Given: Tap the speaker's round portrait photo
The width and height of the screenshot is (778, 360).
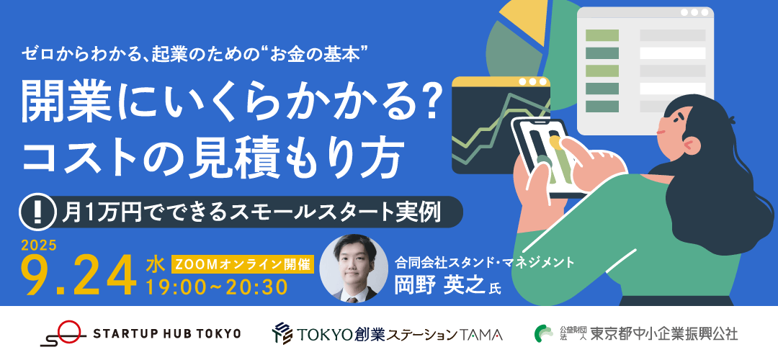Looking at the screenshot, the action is tap(353, 269).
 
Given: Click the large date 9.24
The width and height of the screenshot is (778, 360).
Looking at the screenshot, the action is tap(79, 276).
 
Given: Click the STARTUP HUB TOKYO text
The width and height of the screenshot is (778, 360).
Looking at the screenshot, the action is tap(167, 333).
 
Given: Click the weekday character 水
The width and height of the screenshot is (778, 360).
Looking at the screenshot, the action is tap(155, 265).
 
